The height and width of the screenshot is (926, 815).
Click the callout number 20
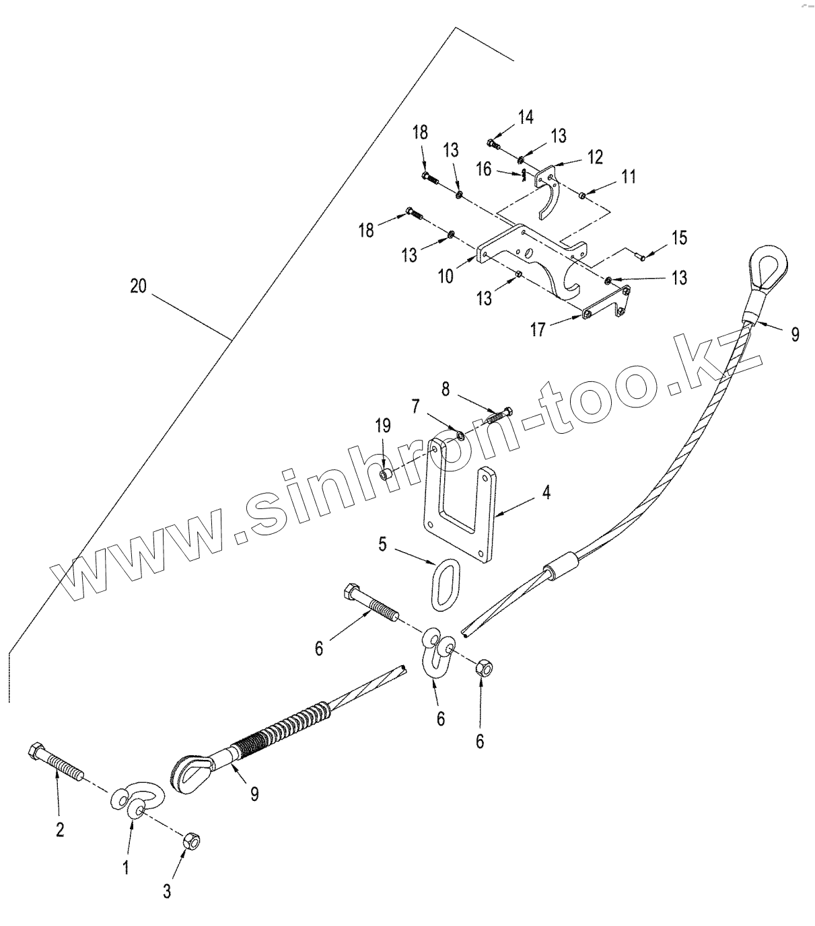coord(137,286)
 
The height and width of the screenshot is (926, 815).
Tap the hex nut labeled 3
coord(190,841)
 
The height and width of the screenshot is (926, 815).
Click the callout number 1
coord(126,867)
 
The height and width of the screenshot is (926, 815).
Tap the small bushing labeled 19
coord(386,475)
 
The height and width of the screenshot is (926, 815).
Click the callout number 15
coord(679,238)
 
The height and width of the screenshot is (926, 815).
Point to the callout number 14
coord(526,116)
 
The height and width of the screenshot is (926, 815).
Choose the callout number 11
coord(629,177)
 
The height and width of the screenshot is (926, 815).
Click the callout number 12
coord(594,157)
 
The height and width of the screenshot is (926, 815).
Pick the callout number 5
coord(382,544)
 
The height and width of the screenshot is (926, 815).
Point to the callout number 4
coord(546,493)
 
